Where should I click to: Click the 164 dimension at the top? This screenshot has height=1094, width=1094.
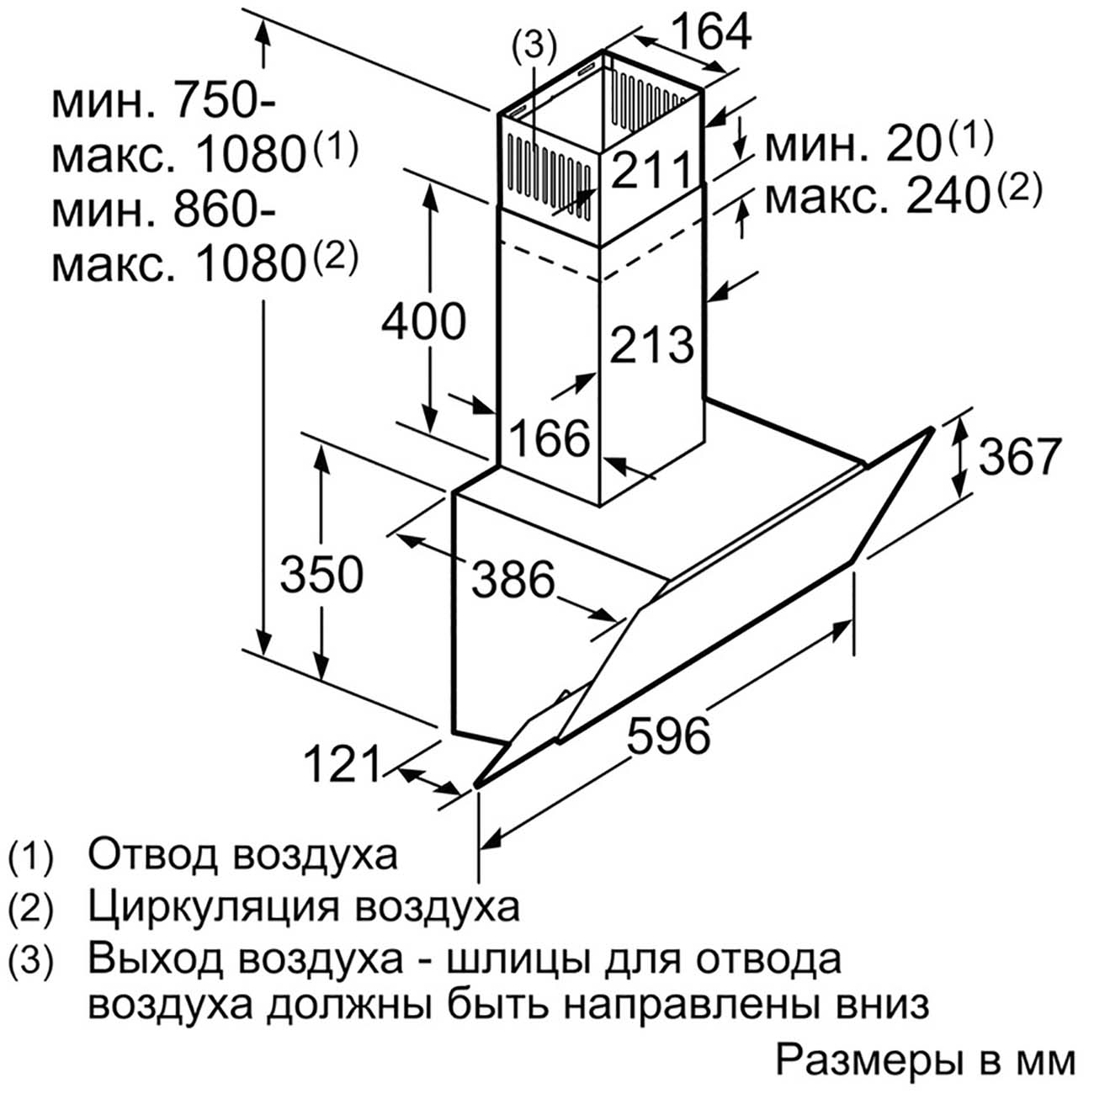click(x=711, y=31)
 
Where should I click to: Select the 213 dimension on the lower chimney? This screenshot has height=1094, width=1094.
click(x=652, y=344)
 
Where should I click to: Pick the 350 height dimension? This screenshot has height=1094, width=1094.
click(x=321, y=574)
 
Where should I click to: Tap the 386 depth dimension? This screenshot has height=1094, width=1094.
click(x=512, y=580)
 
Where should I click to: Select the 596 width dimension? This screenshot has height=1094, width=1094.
click(x=668, y=736)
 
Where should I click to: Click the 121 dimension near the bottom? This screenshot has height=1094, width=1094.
click(x=343, y=763)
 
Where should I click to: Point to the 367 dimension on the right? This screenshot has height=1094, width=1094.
click(x=1019, y=456)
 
